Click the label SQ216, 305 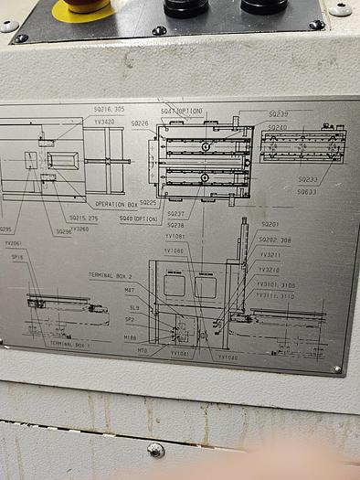[x=109, y=109]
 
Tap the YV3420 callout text [x=104, y=122]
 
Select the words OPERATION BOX [x=116, y=204]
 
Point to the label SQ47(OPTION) [x=182, y=111]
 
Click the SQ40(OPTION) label [x=139, y=219]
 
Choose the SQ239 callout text [x=278, y=114]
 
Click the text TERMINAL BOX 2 [x=111, y=274]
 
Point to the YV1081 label [x=175, y=237]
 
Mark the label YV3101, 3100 [x=275, y=285]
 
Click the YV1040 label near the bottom [x=228, y=357]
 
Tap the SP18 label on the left [x=17, y=257]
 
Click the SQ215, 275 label [x=83, y=219]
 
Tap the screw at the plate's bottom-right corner [x=337, y=369]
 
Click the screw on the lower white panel [x=156, y=450]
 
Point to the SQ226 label [x=140, y=123]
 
